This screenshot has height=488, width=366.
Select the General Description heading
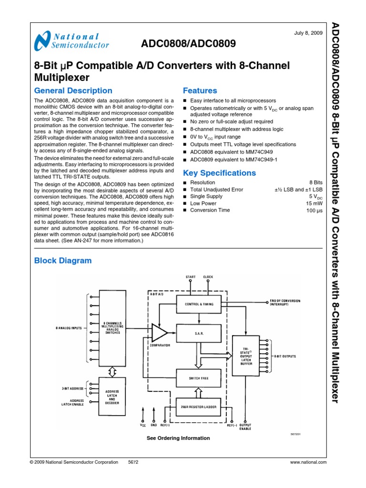pos(73,91)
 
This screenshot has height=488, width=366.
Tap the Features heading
pos(200,91)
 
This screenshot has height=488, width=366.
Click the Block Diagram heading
pos(63,261)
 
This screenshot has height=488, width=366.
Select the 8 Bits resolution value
pos(316,183)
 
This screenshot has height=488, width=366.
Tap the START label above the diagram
pos(190,277)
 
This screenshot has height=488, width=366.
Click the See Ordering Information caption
pos(178,438)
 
